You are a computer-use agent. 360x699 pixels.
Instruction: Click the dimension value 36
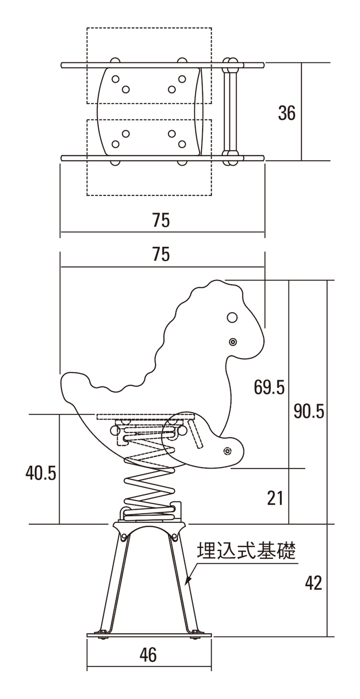click(287, 113)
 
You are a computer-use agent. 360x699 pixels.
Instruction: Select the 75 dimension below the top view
click(161, 220)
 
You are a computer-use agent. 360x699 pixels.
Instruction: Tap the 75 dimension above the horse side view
click(161, 255)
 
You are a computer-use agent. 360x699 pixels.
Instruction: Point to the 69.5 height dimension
click(269, 387)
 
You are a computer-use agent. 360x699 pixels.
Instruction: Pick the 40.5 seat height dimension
click(41, 473)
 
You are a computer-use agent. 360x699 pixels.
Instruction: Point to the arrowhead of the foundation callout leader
click(188, 582)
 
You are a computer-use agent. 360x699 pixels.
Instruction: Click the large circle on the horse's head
click(232, 317)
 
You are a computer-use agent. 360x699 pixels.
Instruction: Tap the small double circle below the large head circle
click(233, 342)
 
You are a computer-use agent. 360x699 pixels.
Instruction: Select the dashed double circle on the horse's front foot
click(227, 451)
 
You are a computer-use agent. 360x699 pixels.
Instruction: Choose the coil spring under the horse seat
click(149, 485)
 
